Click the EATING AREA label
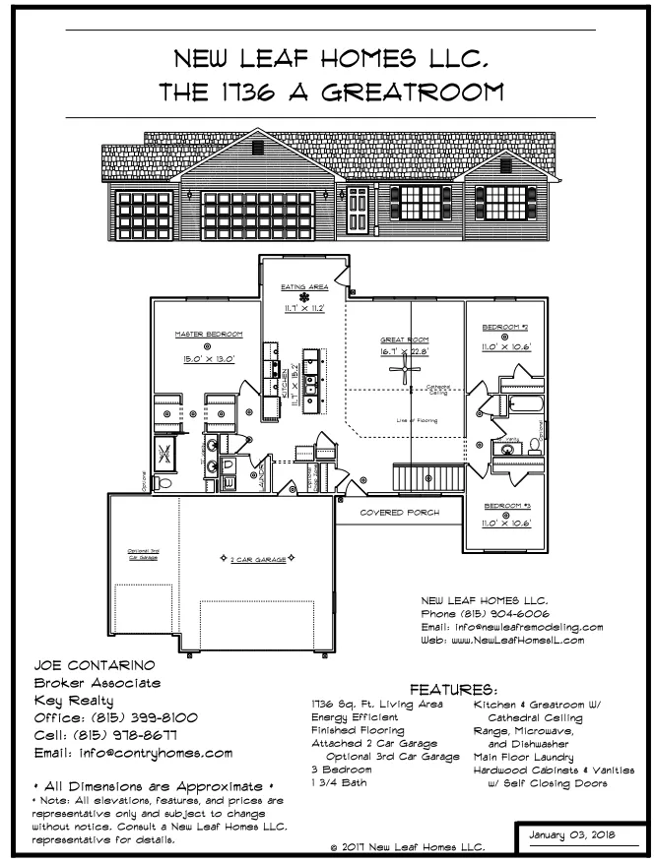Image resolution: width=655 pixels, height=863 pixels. click(303, 286)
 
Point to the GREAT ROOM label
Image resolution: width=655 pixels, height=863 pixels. click(405, 339)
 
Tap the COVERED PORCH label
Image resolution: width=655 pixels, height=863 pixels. click(399, 514)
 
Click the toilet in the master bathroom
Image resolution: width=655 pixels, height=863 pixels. click(164, 484)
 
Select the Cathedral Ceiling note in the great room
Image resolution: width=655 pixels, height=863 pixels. click(438, 390)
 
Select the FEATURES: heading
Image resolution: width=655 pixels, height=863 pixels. click(451, 691)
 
